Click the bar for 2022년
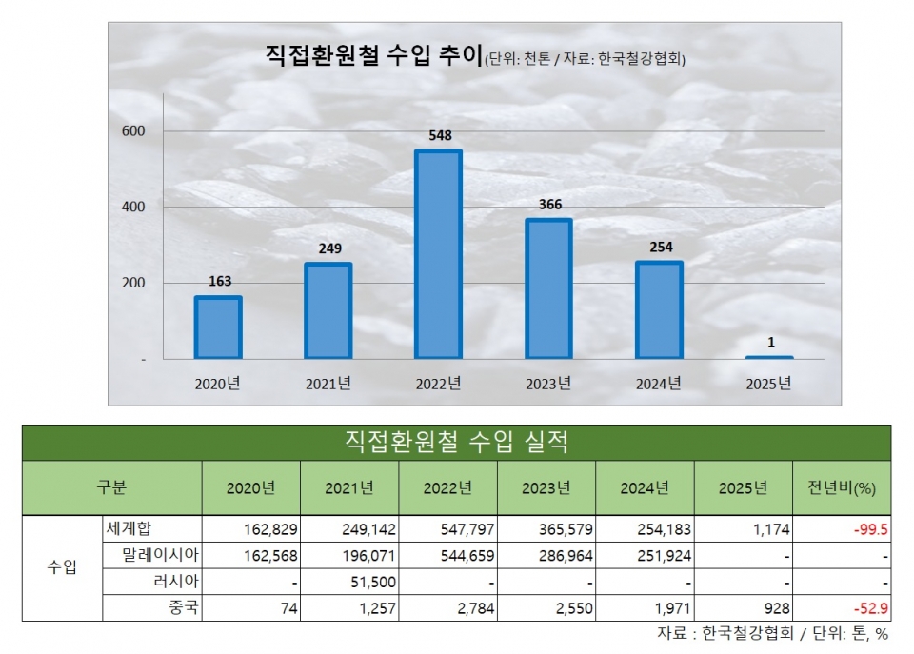pos(438,254)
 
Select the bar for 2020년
pos(218,327)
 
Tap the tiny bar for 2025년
pos(769,357)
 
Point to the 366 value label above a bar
pos(549,205)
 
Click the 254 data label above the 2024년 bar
pos(660,248)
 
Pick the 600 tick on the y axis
pos(132,130)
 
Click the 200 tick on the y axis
pos(132,283)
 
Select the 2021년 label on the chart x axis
pos(328,385)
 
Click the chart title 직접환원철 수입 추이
pos(374,55)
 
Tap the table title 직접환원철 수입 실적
pos(456,442)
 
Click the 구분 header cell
pos(111,488)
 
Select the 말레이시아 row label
pos(158,554)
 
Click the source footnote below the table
pos(772,633)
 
